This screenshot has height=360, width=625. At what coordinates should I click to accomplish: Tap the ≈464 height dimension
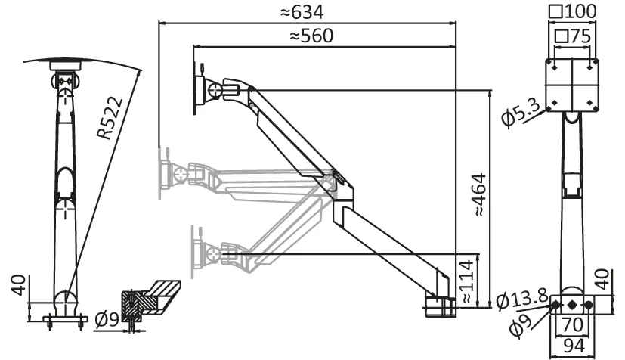479,195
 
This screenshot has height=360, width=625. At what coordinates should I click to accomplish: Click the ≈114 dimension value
469,282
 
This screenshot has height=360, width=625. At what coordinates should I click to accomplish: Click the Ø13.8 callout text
522,300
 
